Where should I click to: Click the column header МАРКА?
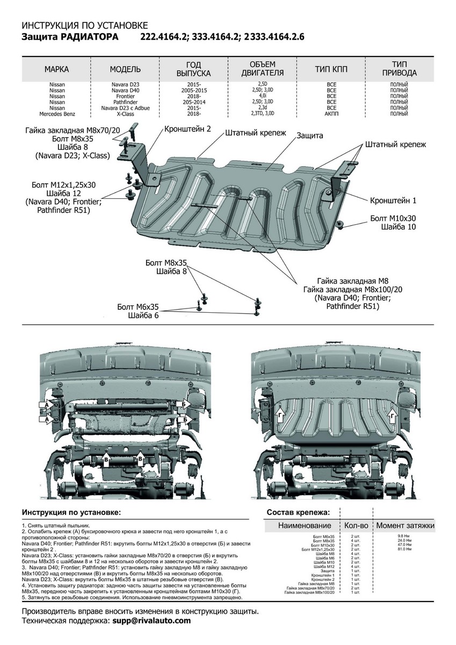tap(56, 69)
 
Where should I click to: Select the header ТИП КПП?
tap(331, 69)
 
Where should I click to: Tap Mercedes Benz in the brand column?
tap(56, 114)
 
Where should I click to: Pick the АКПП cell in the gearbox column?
tap(331, 114)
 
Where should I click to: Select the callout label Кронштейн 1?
tap(393, 200)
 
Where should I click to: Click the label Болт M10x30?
tap(393, 218)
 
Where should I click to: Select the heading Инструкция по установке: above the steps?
tap(71, 512)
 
